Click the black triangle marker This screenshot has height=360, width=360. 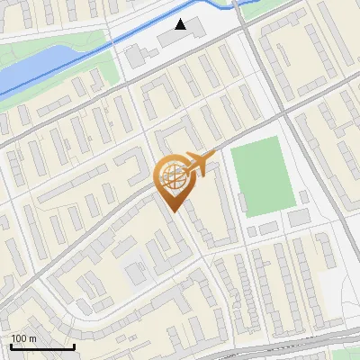tap(182, 24)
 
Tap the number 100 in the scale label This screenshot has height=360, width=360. tap(19, 338)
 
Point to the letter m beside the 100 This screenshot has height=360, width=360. tap(32, 338)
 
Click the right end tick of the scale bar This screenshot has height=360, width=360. tap(74, 346)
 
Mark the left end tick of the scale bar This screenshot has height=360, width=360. tap(11, 346)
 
